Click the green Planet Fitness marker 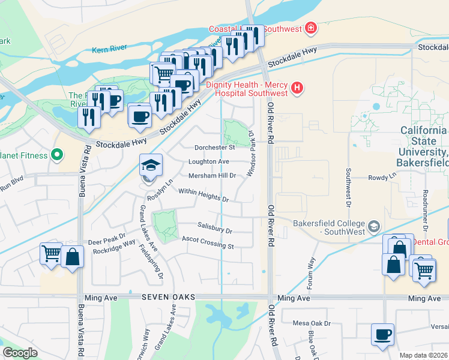pyautogui.click(x=57, y=155)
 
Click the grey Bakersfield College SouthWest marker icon pyautogui.click(x=375, y=226)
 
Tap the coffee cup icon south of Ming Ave pyautogui.click(x=382, y=335)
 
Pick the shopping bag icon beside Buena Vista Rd pyautogui.click(x=72, y=257)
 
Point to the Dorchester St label pyautogui.click(x=215, y=147)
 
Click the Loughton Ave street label pyautogui.click(x=209, y=161)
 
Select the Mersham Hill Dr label pyautogui.click(x=212, y=175)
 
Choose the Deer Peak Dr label pyautogui.click(x=106, y=240)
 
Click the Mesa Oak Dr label pyautogui.click(x=312, y=323)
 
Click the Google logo pyautogui.click(x=20, y=353)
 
